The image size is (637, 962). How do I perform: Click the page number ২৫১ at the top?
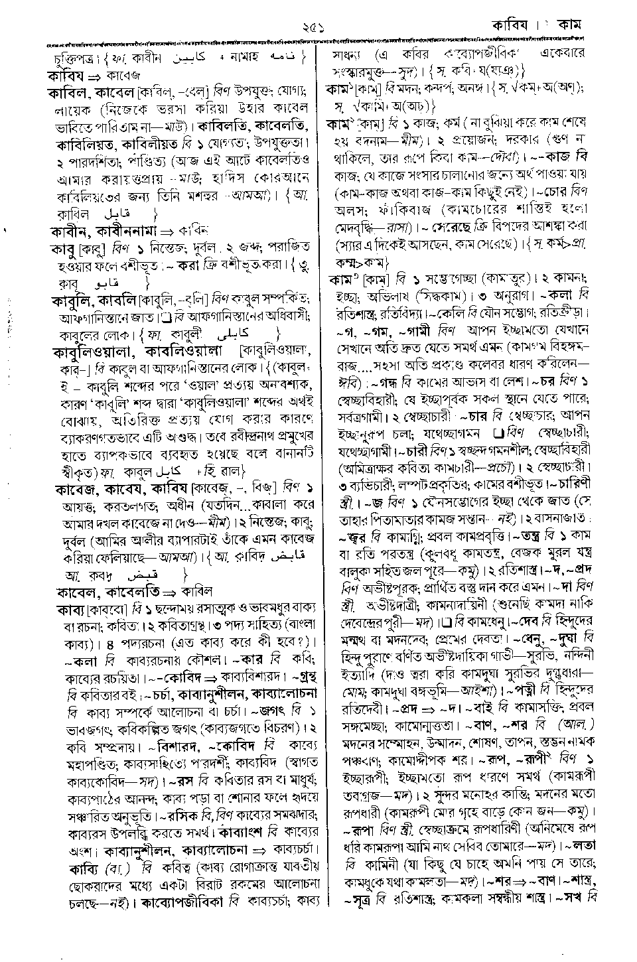click(311, 27)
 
